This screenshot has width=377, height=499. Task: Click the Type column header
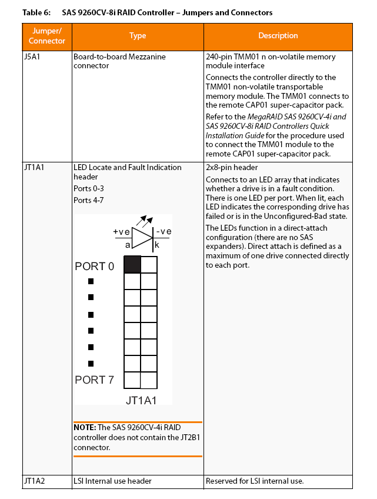[138, 36]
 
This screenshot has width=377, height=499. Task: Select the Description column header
[278, 36]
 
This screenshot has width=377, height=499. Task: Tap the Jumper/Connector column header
[47, 36]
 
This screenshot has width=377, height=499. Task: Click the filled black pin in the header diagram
[132, 265]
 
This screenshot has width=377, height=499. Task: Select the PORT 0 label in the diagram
[95, 267]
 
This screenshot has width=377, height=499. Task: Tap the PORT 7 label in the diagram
[95, 380]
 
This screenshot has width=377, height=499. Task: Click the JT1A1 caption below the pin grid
[141, 400]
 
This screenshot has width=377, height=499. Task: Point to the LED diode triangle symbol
[142, 237]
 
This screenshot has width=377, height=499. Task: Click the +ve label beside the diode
[122, 231]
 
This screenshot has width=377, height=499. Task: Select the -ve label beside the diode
[163, 231]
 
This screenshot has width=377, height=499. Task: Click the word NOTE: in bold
[85, 428]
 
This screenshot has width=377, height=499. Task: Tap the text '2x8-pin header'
[231, 168]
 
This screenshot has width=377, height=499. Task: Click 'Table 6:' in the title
[36, 12]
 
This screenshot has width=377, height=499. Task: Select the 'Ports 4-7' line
[91, 200]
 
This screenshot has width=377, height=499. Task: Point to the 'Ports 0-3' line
[91, 189]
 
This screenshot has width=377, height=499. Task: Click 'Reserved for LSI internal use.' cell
[255, 481]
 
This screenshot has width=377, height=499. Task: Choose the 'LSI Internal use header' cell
[112, 481]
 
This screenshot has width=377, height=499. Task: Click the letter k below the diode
[157, 244]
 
